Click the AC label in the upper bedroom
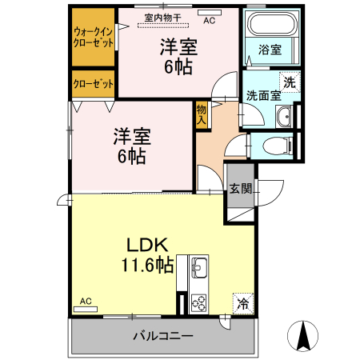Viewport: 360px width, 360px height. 209,21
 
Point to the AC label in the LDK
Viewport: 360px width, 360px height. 86,301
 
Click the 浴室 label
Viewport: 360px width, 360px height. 270,50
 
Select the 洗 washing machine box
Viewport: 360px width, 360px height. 288,81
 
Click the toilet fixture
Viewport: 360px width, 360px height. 276,146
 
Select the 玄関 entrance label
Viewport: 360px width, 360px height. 241,189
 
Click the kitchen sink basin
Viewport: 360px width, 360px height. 198,266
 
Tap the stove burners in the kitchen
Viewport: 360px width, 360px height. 198,302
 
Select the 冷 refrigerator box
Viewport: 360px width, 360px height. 242,304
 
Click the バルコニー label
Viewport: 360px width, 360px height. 163,336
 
